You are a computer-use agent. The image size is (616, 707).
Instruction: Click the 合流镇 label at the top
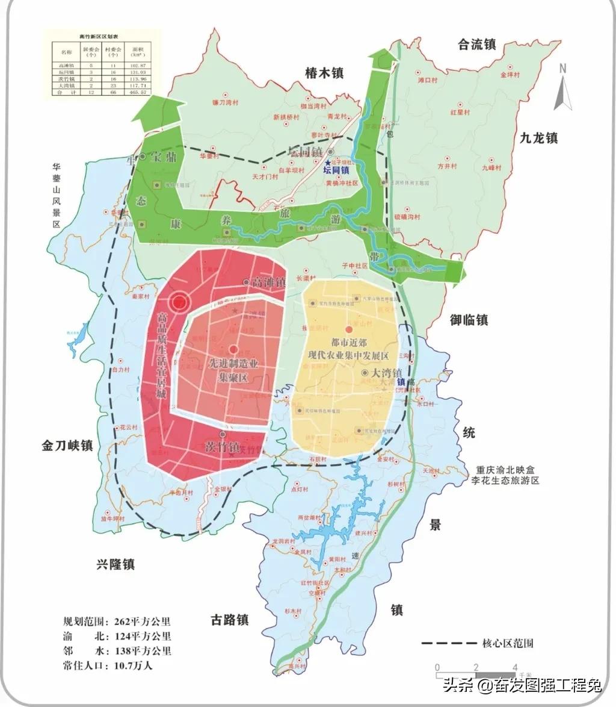tap(476, 44)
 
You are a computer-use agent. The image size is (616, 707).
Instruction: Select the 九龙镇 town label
tap(538, 138)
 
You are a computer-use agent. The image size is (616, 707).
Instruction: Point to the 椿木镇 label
tap(324, 73)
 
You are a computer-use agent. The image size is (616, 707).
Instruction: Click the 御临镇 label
tap(469, 320)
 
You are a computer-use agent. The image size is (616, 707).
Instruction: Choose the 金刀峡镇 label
tap(67, 446)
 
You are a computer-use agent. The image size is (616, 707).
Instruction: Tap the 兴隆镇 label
tap(115, 564)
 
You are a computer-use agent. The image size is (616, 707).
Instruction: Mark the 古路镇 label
tap(229, 619)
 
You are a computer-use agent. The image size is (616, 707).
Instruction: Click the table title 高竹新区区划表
tap(99, 36)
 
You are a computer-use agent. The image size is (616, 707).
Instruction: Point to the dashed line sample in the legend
tap(446, 643)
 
